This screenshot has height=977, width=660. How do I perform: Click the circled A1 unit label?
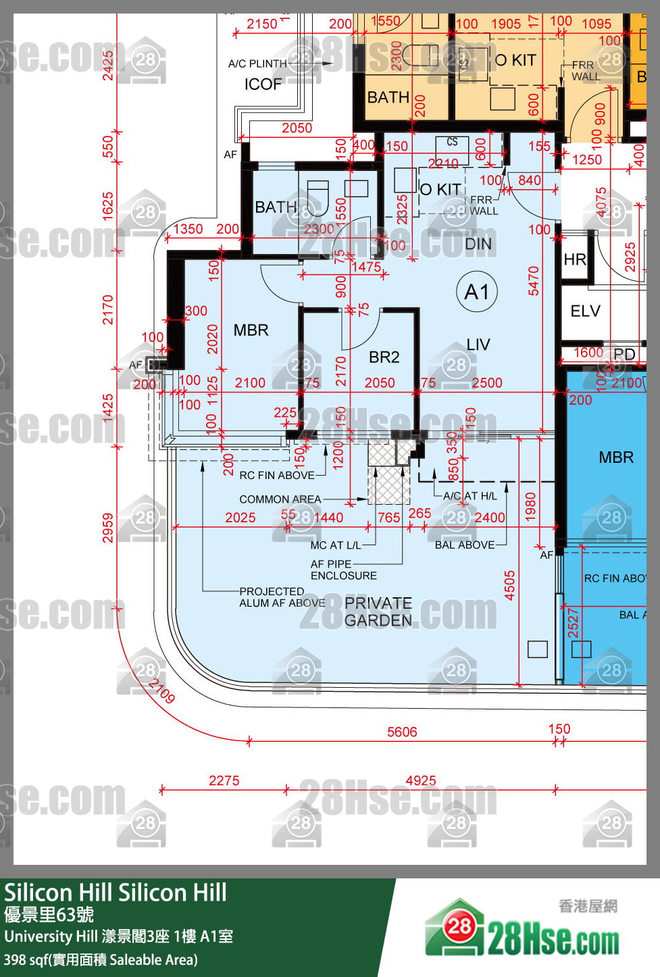477,292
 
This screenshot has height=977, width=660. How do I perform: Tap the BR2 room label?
384,357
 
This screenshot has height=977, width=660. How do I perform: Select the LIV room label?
478,345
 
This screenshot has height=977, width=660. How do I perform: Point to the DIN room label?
478,244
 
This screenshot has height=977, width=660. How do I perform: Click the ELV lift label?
585,311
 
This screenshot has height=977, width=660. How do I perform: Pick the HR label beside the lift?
575,259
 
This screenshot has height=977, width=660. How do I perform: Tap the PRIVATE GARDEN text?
378,611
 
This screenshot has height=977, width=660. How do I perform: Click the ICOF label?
263,84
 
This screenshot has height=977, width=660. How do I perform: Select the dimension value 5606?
402,732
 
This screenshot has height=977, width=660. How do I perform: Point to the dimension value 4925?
421,780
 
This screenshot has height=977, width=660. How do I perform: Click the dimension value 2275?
224,780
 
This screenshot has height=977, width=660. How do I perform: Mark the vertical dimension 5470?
534,280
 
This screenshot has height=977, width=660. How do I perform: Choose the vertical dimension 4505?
510,585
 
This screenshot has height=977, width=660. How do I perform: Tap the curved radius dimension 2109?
162,691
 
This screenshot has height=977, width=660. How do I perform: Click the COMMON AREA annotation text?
280,499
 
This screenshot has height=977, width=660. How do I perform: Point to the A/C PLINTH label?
257,64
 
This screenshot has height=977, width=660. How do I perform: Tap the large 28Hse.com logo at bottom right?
522,930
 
